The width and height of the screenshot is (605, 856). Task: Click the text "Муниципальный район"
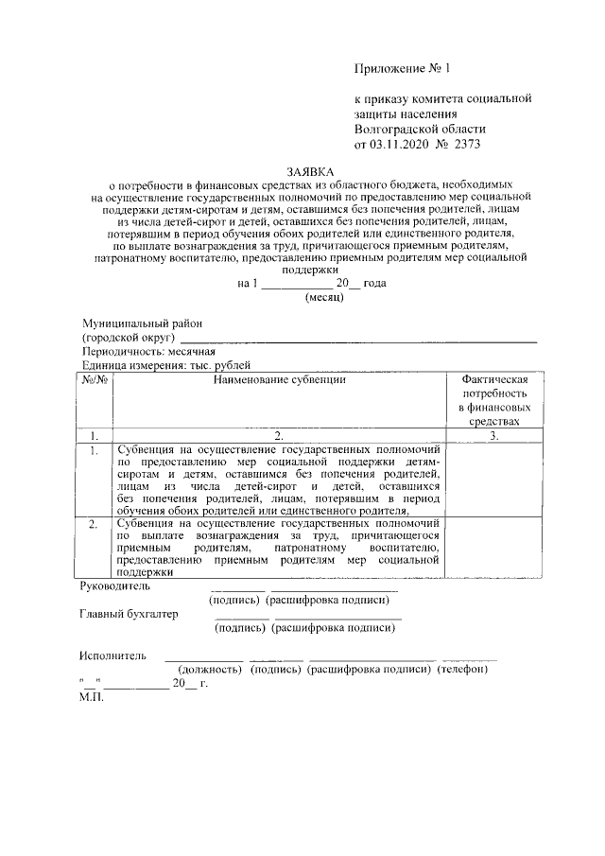(142, 323)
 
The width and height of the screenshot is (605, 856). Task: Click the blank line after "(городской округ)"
(358, 339)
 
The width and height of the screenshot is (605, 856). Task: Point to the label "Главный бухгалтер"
(129, 614)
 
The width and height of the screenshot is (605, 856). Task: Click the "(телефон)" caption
(462, 670)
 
